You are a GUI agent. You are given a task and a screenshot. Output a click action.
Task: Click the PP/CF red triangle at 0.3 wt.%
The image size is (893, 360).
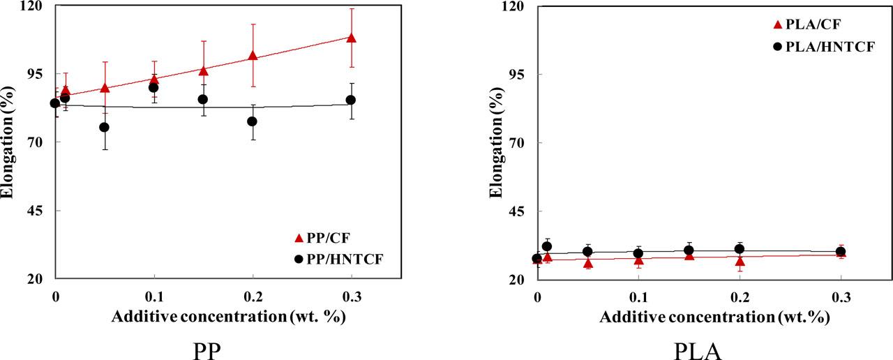(351, 38)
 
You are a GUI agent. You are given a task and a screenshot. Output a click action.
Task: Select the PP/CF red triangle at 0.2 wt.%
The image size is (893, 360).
(253, 56)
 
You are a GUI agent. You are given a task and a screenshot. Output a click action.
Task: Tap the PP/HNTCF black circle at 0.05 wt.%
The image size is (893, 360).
(105, 127)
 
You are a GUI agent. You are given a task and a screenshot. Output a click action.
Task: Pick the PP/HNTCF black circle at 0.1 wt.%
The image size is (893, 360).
(153, 87)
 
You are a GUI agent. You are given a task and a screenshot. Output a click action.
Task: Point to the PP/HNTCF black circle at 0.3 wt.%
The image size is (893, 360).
(351, 100)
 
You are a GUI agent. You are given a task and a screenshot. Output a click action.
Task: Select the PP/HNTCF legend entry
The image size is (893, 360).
(339, 259)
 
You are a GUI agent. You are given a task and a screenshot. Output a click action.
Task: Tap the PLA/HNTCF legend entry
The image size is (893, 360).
(817, 46)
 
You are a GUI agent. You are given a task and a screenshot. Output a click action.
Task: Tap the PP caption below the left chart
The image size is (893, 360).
(207, 347)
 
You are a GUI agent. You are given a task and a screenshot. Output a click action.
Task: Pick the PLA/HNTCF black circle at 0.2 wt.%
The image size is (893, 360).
(740, 249)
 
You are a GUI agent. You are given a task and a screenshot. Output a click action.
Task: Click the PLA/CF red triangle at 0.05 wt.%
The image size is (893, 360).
(588, 263)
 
